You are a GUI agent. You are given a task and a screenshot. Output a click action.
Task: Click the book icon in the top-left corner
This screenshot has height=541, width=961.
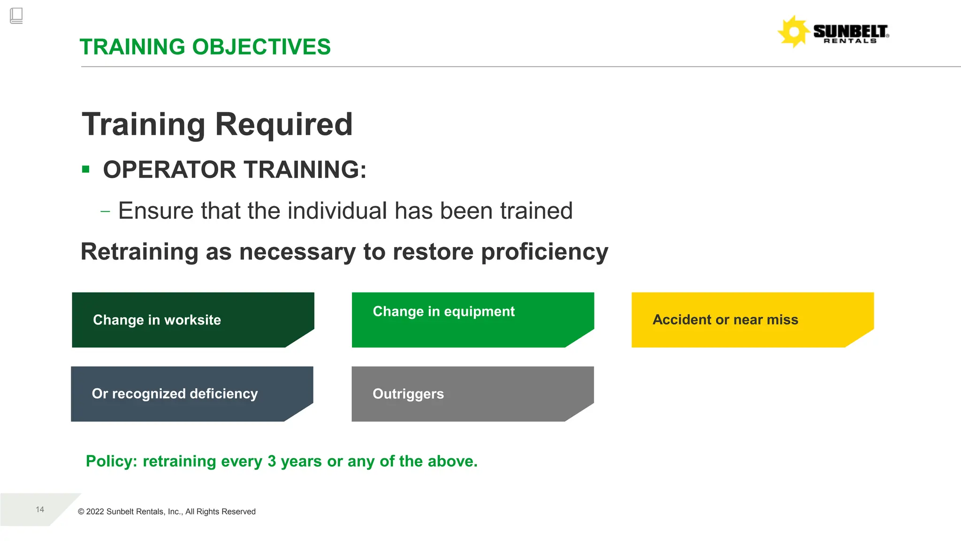click(16, 16)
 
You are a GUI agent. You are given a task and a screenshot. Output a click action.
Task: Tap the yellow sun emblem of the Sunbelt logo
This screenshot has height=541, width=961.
click(793, 32)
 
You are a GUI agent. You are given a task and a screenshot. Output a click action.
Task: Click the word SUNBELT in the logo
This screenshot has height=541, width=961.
click(850, 31)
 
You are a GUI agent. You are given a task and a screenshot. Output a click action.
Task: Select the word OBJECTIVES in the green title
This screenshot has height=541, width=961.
click(261, 47)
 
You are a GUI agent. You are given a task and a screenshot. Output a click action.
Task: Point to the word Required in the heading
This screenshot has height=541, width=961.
click(283, 124)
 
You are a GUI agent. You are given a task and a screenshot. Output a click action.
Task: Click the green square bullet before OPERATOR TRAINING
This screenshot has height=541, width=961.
click(85, 169)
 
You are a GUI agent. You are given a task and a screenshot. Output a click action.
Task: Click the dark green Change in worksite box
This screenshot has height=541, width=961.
click(192, 320)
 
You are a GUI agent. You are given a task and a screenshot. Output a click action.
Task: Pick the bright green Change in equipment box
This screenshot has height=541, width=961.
click(473, 320)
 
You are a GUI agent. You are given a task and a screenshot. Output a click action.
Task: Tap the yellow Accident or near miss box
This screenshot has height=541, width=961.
click(752, 320)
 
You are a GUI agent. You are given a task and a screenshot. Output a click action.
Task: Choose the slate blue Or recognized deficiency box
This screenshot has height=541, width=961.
click(191, 394)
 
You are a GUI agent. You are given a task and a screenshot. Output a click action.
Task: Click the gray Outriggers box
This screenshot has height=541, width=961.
click(472, 394)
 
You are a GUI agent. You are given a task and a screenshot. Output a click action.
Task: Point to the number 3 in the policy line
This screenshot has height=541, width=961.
click(272, 461)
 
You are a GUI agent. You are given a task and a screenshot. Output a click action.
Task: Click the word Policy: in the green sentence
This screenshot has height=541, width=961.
click(111, 461)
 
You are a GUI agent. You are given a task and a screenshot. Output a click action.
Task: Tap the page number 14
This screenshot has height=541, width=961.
click(40, 510)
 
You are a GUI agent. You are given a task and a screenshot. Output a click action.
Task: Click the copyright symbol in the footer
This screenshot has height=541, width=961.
click(81, 512)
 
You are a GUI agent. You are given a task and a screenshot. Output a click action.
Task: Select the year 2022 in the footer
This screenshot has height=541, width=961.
click(95, 512)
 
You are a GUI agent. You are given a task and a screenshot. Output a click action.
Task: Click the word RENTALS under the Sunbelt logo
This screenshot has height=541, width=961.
click(850, 41)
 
